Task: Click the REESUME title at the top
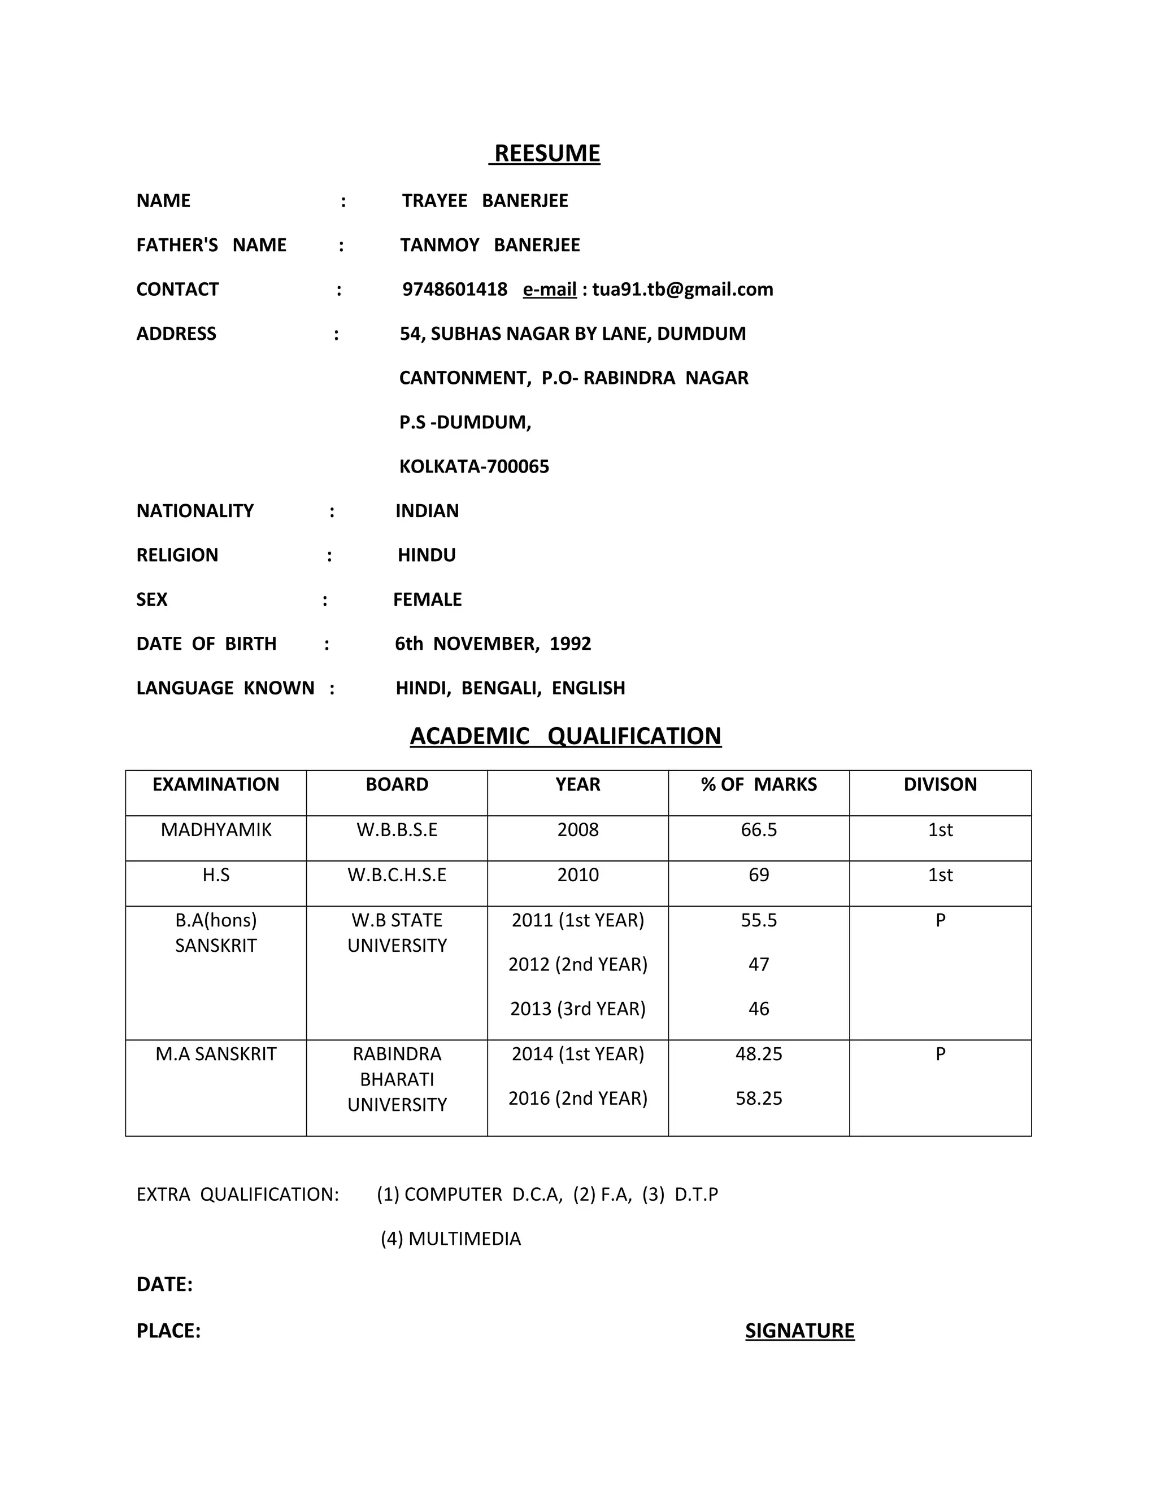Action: [547, 154]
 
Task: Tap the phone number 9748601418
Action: [454, 290]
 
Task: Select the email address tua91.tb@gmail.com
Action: [682, 290]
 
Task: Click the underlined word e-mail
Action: [549, 290]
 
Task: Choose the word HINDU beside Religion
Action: [427, 555]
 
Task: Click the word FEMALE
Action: [427, 600]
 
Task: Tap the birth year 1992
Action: [569, 644]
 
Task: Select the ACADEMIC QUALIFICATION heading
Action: [566, 736]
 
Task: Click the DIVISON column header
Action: [939, 785]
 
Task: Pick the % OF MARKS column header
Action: [759, 785]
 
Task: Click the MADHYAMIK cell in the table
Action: [216, 830]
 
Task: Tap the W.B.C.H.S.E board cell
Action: [397, 876]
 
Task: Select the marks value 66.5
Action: [759, 830]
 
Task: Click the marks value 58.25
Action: [759, 1099]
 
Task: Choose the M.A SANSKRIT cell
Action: [216, 1054]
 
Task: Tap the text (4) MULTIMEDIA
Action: [450, 1239]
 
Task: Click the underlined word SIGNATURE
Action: [800, 1331]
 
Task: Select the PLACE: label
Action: [168, 1331]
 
